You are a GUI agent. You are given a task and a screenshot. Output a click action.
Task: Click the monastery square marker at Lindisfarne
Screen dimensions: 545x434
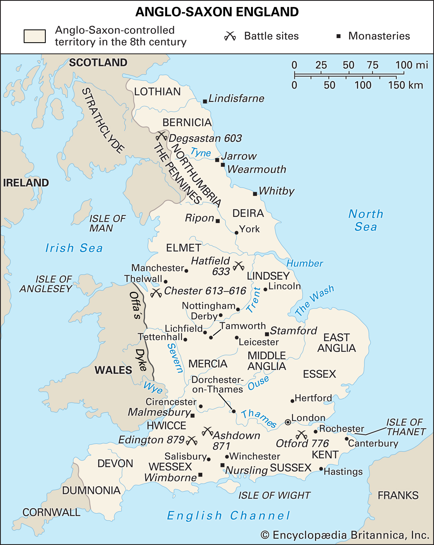(x=205, y=102)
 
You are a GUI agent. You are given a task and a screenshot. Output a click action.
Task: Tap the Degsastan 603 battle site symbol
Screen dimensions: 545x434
(x=161, y=135)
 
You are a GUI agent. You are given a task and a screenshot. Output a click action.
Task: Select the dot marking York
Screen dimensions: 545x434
(x=236, y=233)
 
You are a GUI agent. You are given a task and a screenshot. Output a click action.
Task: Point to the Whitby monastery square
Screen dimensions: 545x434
(x=255, y=194)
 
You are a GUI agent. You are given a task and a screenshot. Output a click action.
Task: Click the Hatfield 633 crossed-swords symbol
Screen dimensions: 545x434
(x=239, y=266)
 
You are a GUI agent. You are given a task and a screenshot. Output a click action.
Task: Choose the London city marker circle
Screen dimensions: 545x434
(x=288, y=422)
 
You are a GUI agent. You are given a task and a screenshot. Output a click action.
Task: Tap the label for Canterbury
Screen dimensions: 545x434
(x=373, y=443)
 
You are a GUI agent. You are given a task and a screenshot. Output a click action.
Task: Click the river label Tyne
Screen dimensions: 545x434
(x=201, y=152)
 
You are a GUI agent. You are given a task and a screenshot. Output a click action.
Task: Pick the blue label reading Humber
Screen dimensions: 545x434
(x=305, y=264)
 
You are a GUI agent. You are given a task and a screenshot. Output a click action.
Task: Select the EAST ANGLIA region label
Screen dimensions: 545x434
(x=337, y=343)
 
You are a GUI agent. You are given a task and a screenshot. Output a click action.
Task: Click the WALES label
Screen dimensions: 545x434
(x=113, y=370)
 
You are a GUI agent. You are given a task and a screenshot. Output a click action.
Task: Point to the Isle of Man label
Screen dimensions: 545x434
(x=107, y=223)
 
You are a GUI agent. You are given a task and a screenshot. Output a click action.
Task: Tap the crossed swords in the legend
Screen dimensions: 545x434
(x=230, y=36)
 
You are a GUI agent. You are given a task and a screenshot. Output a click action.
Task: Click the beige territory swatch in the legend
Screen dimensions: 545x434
(x=35, y=36)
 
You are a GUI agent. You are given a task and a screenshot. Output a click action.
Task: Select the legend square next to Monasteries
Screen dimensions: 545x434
(x=338, y=36)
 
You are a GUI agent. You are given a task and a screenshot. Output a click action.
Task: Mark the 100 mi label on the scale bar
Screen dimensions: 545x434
(x=411, y=65)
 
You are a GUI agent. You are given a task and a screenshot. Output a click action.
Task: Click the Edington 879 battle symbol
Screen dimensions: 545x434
(x=192, y=440)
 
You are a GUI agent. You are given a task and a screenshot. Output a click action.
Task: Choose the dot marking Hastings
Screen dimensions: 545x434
(x=321, y=469)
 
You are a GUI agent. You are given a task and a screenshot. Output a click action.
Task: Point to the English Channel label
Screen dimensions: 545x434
(x=228, y=516)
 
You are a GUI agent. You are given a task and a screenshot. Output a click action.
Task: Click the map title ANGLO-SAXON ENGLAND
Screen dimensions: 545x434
(x=217, y=12)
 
